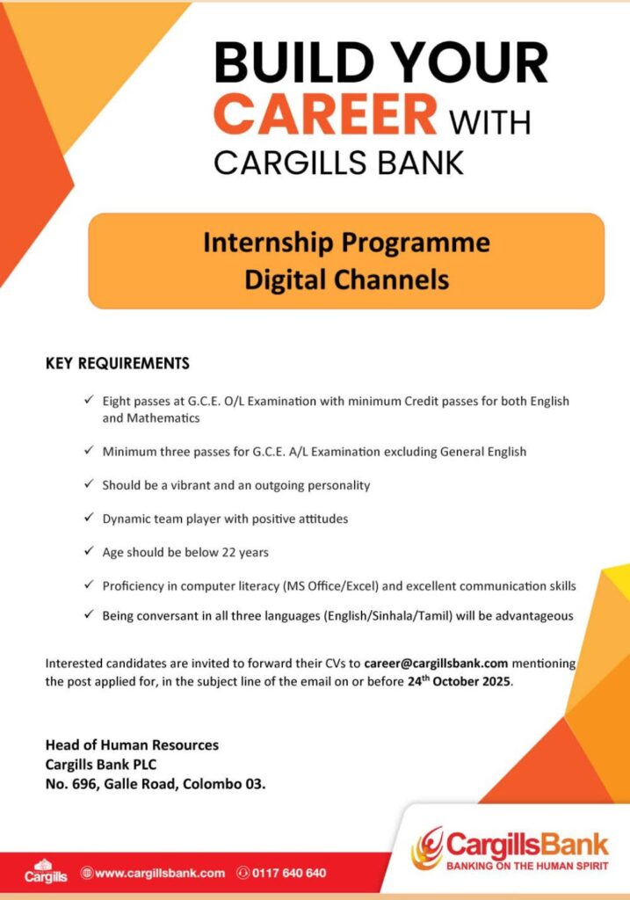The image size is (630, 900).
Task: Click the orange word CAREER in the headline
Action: (x=325, y=114)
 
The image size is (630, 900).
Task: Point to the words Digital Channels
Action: (x=346, y=279)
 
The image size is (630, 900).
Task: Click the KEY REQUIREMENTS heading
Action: (x=117, y=363)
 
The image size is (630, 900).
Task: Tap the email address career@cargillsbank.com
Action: (x=437, y=664)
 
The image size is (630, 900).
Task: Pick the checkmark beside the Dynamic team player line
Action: (x=89, y=518)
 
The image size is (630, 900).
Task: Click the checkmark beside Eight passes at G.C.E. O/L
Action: (x=89, y=400)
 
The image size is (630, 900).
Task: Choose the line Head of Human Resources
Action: (x=132, y=745)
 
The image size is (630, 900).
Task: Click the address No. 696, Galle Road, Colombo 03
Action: (x=156, y=782)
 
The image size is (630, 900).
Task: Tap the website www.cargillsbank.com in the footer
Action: (x=159, y=873)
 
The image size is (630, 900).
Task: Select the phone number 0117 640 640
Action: (x=289, y=873)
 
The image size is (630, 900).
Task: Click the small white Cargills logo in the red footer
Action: (x=39, y=871)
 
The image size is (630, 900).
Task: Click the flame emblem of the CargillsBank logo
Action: (x=428, y=847)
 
